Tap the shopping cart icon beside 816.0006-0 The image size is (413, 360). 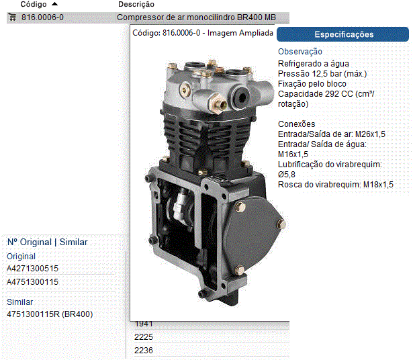[12, 17]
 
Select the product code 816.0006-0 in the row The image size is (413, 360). [42, 17]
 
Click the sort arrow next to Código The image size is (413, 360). [54, 4]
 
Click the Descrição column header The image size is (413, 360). [136, 4]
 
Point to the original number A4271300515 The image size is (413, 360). [32, 269]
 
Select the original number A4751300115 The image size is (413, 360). [32, 282]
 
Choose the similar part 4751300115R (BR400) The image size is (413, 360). [50, 314]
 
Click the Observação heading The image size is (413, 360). [300, 52]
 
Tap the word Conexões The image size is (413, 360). [297, 124]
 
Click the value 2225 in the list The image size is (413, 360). [144, 336]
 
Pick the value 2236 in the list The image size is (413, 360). [144, 350]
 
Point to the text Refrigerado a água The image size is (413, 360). [314, 64]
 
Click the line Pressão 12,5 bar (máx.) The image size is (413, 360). [322, 74]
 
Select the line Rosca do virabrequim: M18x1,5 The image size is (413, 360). [336, 185]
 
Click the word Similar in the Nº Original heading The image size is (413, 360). [73, 242]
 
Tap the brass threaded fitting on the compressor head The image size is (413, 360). [218, 104]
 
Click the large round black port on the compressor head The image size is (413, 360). [240, 97]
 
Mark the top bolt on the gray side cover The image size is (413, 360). [240, 207]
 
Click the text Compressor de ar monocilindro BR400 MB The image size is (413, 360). [196, 17]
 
